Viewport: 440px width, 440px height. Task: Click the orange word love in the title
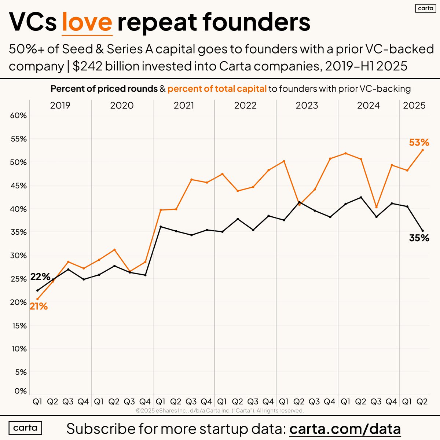[x=87, y=22]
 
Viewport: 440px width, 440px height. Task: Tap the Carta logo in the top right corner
[x=425, y=8]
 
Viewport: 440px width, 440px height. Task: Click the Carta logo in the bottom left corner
[x=25, y=428]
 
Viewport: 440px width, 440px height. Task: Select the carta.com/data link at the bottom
[x=345, y=428]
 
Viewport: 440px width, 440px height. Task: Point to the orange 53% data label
[x=419, y=142]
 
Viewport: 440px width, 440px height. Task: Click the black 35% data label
[x=419, y=238]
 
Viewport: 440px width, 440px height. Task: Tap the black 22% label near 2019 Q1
[x=40, y=277]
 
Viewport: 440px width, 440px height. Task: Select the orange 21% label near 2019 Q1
[x=38, y=306]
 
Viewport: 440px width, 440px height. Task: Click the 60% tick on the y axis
[x=18, y=115]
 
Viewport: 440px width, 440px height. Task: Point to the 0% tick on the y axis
[x=20, y=391]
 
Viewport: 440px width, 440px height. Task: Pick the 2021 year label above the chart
[x=184, y=106]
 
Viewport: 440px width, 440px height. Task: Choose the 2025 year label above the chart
[x=414, y=106]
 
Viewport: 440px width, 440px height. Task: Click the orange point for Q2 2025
[x=423, y=150]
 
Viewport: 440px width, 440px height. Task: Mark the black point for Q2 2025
[x=423, y=231]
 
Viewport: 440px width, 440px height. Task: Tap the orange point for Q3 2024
[x=376, y=207]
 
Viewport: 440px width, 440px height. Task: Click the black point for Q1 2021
[x=161, y=227]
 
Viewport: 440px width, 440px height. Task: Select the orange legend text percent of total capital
[x=217, y=89]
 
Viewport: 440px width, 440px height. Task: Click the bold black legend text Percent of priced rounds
[x=104, y=89]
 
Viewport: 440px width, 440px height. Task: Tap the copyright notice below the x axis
[x=220, y=411]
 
